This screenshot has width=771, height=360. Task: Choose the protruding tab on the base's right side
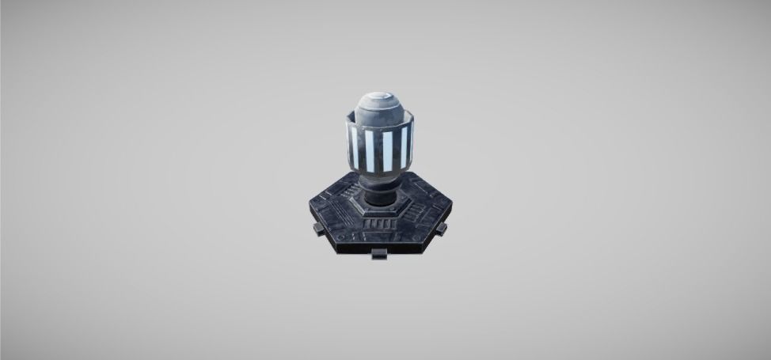(x=442, y=229)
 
